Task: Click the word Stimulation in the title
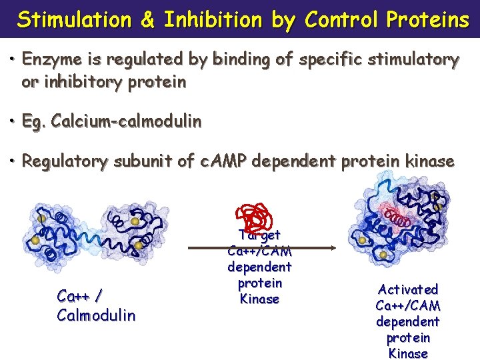[74, 20]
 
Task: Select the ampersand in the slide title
[147, 20]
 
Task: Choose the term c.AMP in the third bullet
[225, 161]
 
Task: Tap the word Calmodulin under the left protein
[96, 315]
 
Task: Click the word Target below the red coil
[259, 235]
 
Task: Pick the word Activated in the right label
[408, 289]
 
